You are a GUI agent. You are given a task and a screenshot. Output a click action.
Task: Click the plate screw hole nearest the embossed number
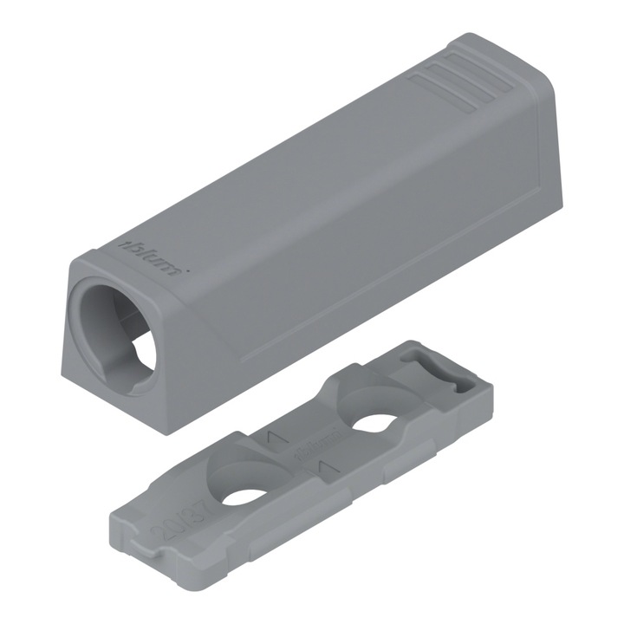[249, 496]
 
